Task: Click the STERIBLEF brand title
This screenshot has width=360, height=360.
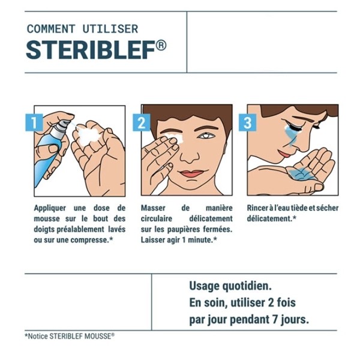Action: (x=90, y=50)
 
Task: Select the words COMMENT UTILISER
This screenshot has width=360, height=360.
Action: (x=82, y=29)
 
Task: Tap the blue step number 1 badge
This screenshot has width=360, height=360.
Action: (x=35, y=123)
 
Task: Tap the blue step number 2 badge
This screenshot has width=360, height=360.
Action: (x=142, y=123)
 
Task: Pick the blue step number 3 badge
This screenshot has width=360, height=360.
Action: (x=247, y=123)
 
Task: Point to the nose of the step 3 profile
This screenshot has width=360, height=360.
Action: (x=308, y=144)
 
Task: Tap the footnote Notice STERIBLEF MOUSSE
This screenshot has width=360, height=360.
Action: (x=69, y=337)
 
